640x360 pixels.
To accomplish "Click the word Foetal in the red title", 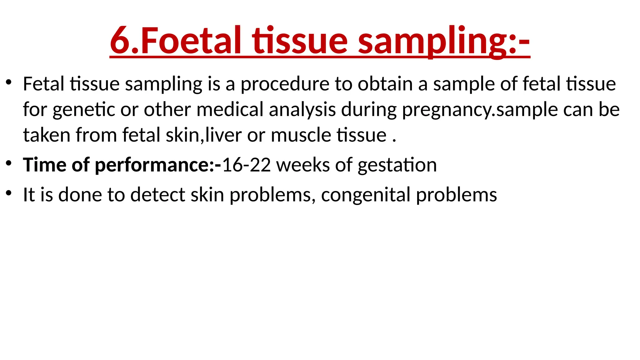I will point(191,41).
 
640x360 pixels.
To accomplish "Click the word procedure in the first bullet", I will point(285,84).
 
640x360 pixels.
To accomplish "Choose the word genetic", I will point(84,110).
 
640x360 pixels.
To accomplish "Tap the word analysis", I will point(302,110).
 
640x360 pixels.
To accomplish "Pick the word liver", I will point(223,135).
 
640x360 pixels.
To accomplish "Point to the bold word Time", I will point(44,165).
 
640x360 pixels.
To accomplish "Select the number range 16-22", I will point(246,165).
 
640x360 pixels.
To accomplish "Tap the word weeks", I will point(303,165).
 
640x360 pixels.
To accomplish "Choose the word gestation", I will point(397,165).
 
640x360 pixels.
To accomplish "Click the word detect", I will point(158,195).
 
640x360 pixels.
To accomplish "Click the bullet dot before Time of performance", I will point(8,163).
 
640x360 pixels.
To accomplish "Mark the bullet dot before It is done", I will point(8,192).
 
